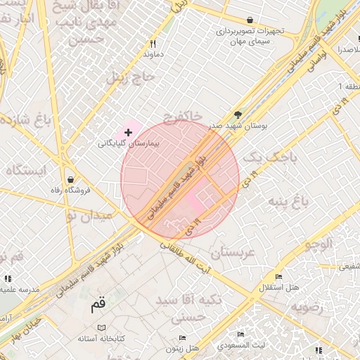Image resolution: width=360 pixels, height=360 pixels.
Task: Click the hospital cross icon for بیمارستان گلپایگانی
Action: point(128,132)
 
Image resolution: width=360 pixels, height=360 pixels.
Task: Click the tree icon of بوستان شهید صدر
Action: point(238,114)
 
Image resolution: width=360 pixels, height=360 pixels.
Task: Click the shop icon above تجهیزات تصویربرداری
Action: point(250,20)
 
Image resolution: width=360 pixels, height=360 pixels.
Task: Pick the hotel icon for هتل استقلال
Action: point(279,276)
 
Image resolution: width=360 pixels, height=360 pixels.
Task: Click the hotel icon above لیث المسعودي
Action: point(241,335)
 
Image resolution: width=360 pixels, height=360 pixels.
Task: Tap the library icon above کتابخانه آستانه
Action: point(101,328)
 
